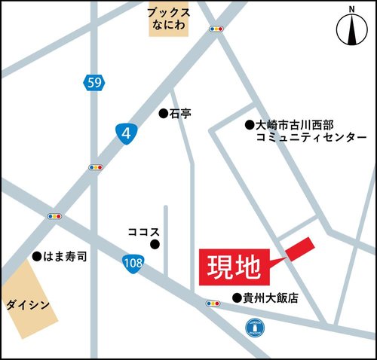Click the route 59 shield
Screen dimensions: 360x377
[x=93, y=82]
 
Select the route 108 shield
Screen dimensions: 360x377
[x=133, y=262]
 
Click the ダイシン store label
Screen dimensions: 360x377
[x=29, y=305]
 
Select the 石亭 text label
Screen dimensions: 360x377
[x=181, y=114]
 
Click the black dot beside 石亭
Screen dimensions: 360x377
[x=162, y=114]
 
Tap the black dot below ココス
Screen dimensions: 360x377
[x=155, y=244]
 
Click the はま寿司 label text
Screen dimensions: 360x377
[x=66, y=257]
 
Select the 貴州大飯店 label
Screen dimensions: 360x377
[x=270, y=298]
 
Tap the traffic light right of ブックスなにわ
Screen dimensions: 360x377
[x=216, y=29]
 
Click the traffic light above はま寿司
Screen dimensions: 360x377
[x=54, y=217]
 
